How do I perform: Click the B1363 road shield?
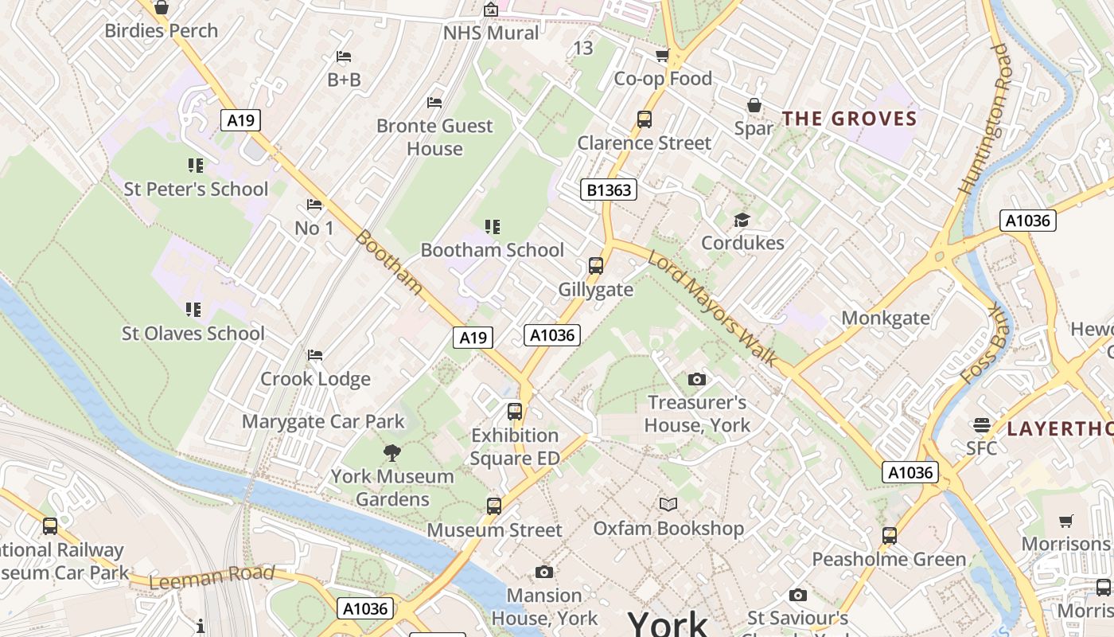click(x=608, y=190)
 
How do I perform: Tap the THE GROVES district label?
click(x=849, y=119)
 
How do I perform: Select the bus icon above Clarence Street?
click(x=645, y=119)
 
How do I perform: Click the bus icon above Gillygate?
click(x=596, y=266)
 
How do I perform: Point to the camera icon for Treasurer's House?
click(x=697, y=379)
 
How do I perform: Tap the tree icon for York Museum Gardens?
click(x=391, y=453)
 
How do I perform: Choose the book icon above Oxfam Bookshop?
click(x=668, y=504)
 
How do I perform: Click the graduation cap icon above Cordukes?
click(x=742, y=220)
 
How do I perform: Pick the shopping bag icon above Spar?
click(x=754, y=105)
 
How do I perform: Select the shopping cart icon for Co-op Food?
click(x=662, y=56)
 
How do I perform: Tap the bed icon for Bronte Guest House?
click(x=434, y=102)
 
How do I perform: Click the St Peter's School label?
click(x=196, y=189)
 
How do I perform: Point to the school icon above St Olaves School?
click(x=193, y=309)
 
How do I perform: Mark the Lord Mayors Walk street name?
click(x=713, y=308)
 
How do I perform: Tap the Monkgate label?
click(x=886, y=318)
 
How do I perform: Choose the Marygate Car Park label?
click(x=323, y=421)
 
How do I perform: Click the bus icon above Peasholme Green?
click(x=890, y=536)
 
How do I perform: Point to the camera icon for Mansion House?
click(x=544, y=572)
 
